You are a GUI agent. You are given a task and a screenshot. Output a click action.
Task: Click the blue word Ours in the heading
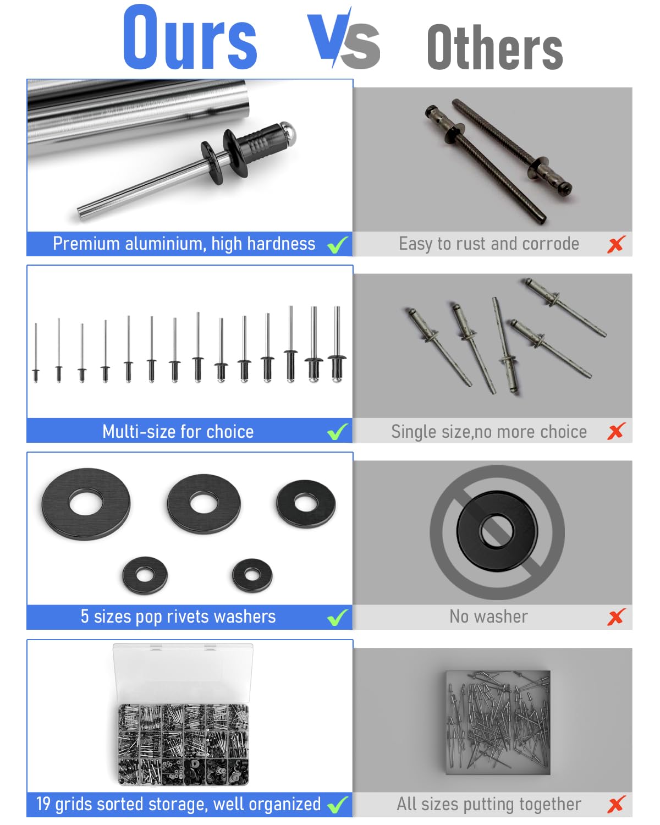click(190, 37)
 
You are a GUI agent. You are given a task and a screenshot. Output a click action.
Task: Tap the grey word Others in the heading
click(494, 47)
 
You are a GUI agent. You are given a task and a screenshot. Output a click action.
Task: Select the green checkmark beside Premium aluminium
click(338, 245)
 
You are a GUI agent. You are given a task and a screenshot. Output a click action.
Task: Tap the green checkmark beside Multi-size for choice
click(338, 432)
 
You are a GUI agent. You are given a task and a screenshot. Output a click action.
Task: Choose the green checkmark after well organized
click(338, 805)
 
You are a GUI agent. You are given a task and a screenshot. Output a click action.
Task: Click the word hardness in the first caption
click(281, 244)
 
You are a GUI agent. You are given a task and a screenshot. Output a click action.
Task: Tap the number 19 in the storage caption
click(43, 804)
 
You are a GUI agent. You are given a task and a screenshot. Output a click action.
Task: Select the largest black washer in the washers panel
click(86, 504)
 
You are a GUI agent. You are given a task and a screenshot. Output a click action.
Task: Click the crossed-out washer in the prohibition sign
click(497, 531)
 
